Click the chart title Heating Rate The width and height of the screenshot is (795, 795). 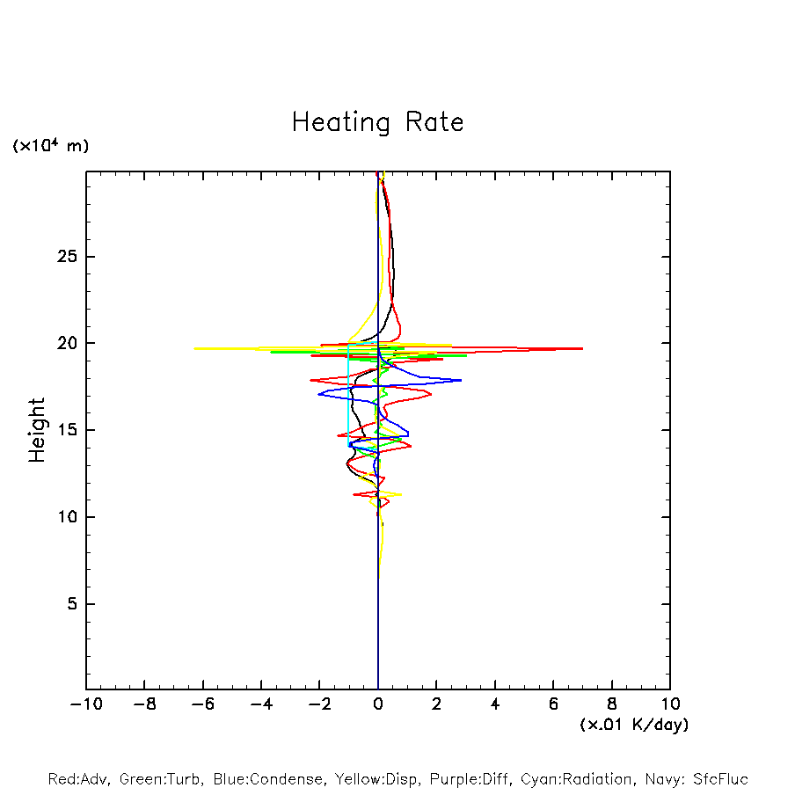[377, 122]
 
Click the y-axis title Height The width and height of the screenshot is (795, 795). [36, 430]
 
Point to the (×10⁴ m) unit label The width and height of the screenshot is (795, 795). [50, 146]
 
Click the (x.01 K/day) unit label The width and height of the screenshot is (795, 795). [633, 725]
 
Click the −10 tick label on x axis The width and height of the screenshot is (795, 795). [86, 704]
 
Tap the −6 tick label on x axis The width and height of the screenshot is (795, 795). [202, 704]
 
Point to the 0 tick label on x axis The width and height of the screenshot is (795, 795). [378, 704]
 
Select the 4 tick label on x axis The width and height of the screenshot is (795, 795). [495, 704]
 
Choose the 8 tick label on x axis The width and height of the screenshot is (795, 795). [612, 704]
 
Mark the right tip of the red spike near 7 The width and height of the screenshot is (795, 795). [582, 348]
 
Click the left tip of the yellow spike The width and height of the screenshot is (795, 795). [194, 348]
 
